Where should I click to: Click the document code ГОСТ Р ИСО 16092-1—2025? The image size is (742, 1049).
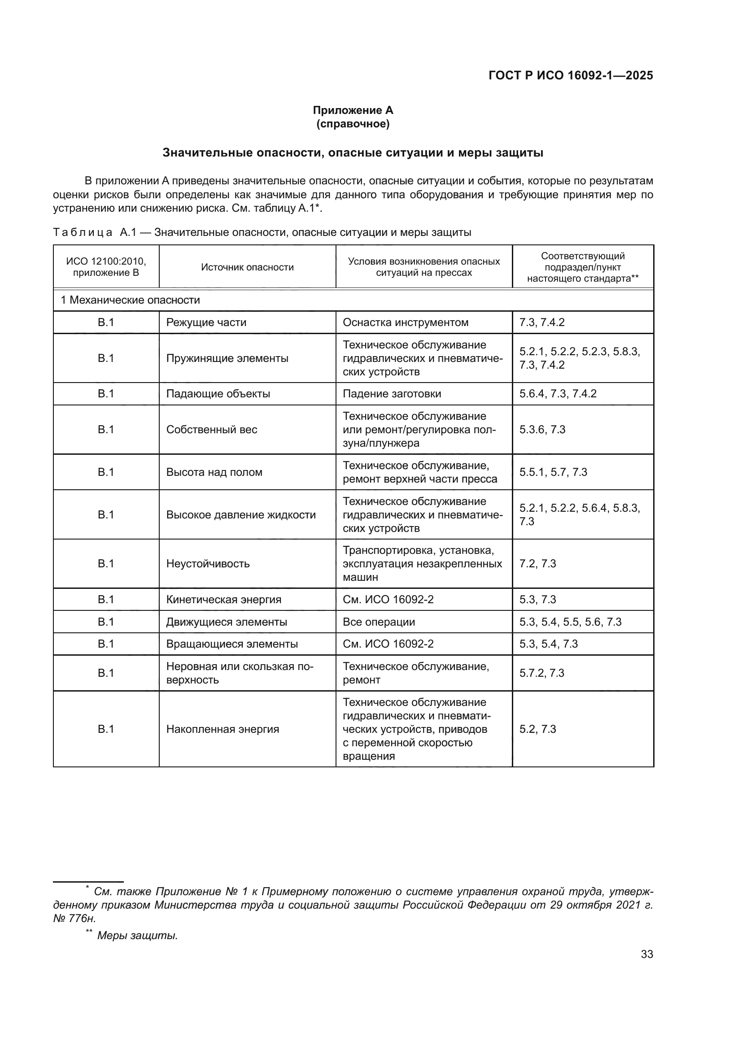pyautogui.click(x=570, y=75)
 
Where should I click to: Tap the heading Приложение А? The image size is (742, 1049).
pyautogui.click(x=353, y=110)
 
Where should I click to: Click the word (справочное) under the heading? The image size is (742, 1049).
pyautogui.click(x=353, y=124)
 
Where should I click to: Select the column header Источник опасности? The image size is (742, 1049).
pyautogui.click(x=247, y=267)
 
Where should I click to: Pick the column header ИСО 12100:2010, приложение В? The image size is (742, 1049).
pyautogui.click(x=106, y=267)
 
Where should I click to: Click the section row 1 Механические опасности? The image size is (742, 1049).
pyautogui.click(x=130, y=300)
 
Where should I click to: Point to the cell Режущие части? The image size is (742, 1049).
pyautogui.click(x=206, y=322)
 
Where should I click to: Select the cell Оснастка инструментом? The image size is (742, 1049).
pyautogui.click(x=405, y=322)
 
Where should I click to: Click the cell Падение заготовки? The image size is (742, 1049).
pyautogui.click(x=392, y=394)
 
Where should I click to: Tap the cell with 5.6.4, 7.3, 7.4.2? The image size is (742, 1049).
pyautogui.click(x=558, y=394)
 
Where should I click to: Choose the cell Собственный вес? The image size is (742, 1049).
pyautogui.click(x=212, y=430)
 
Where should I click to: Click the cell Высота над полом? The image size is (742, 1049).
pyautogui.click(x=214, y=472)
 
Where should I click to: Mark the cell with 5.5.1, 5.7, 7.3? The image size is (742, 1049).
pyautogui.click(x=553, y=472)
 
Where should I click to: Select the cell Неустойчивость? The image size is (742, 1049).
pyautogui.click(x=208, y=563)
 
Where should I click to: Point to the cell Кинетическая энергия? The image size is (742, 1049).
pyautogui.click(x=223, y=600)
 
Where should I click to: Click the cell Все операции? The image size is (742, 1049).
pyautogui.click(x=379, y=622)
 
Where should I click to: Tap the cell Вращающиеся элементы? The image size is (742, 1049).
pyautogui.click(x=231, y=644)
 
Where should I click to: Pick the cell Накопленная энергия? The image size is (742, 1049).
pyautogui.click(x=223, y=729)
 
